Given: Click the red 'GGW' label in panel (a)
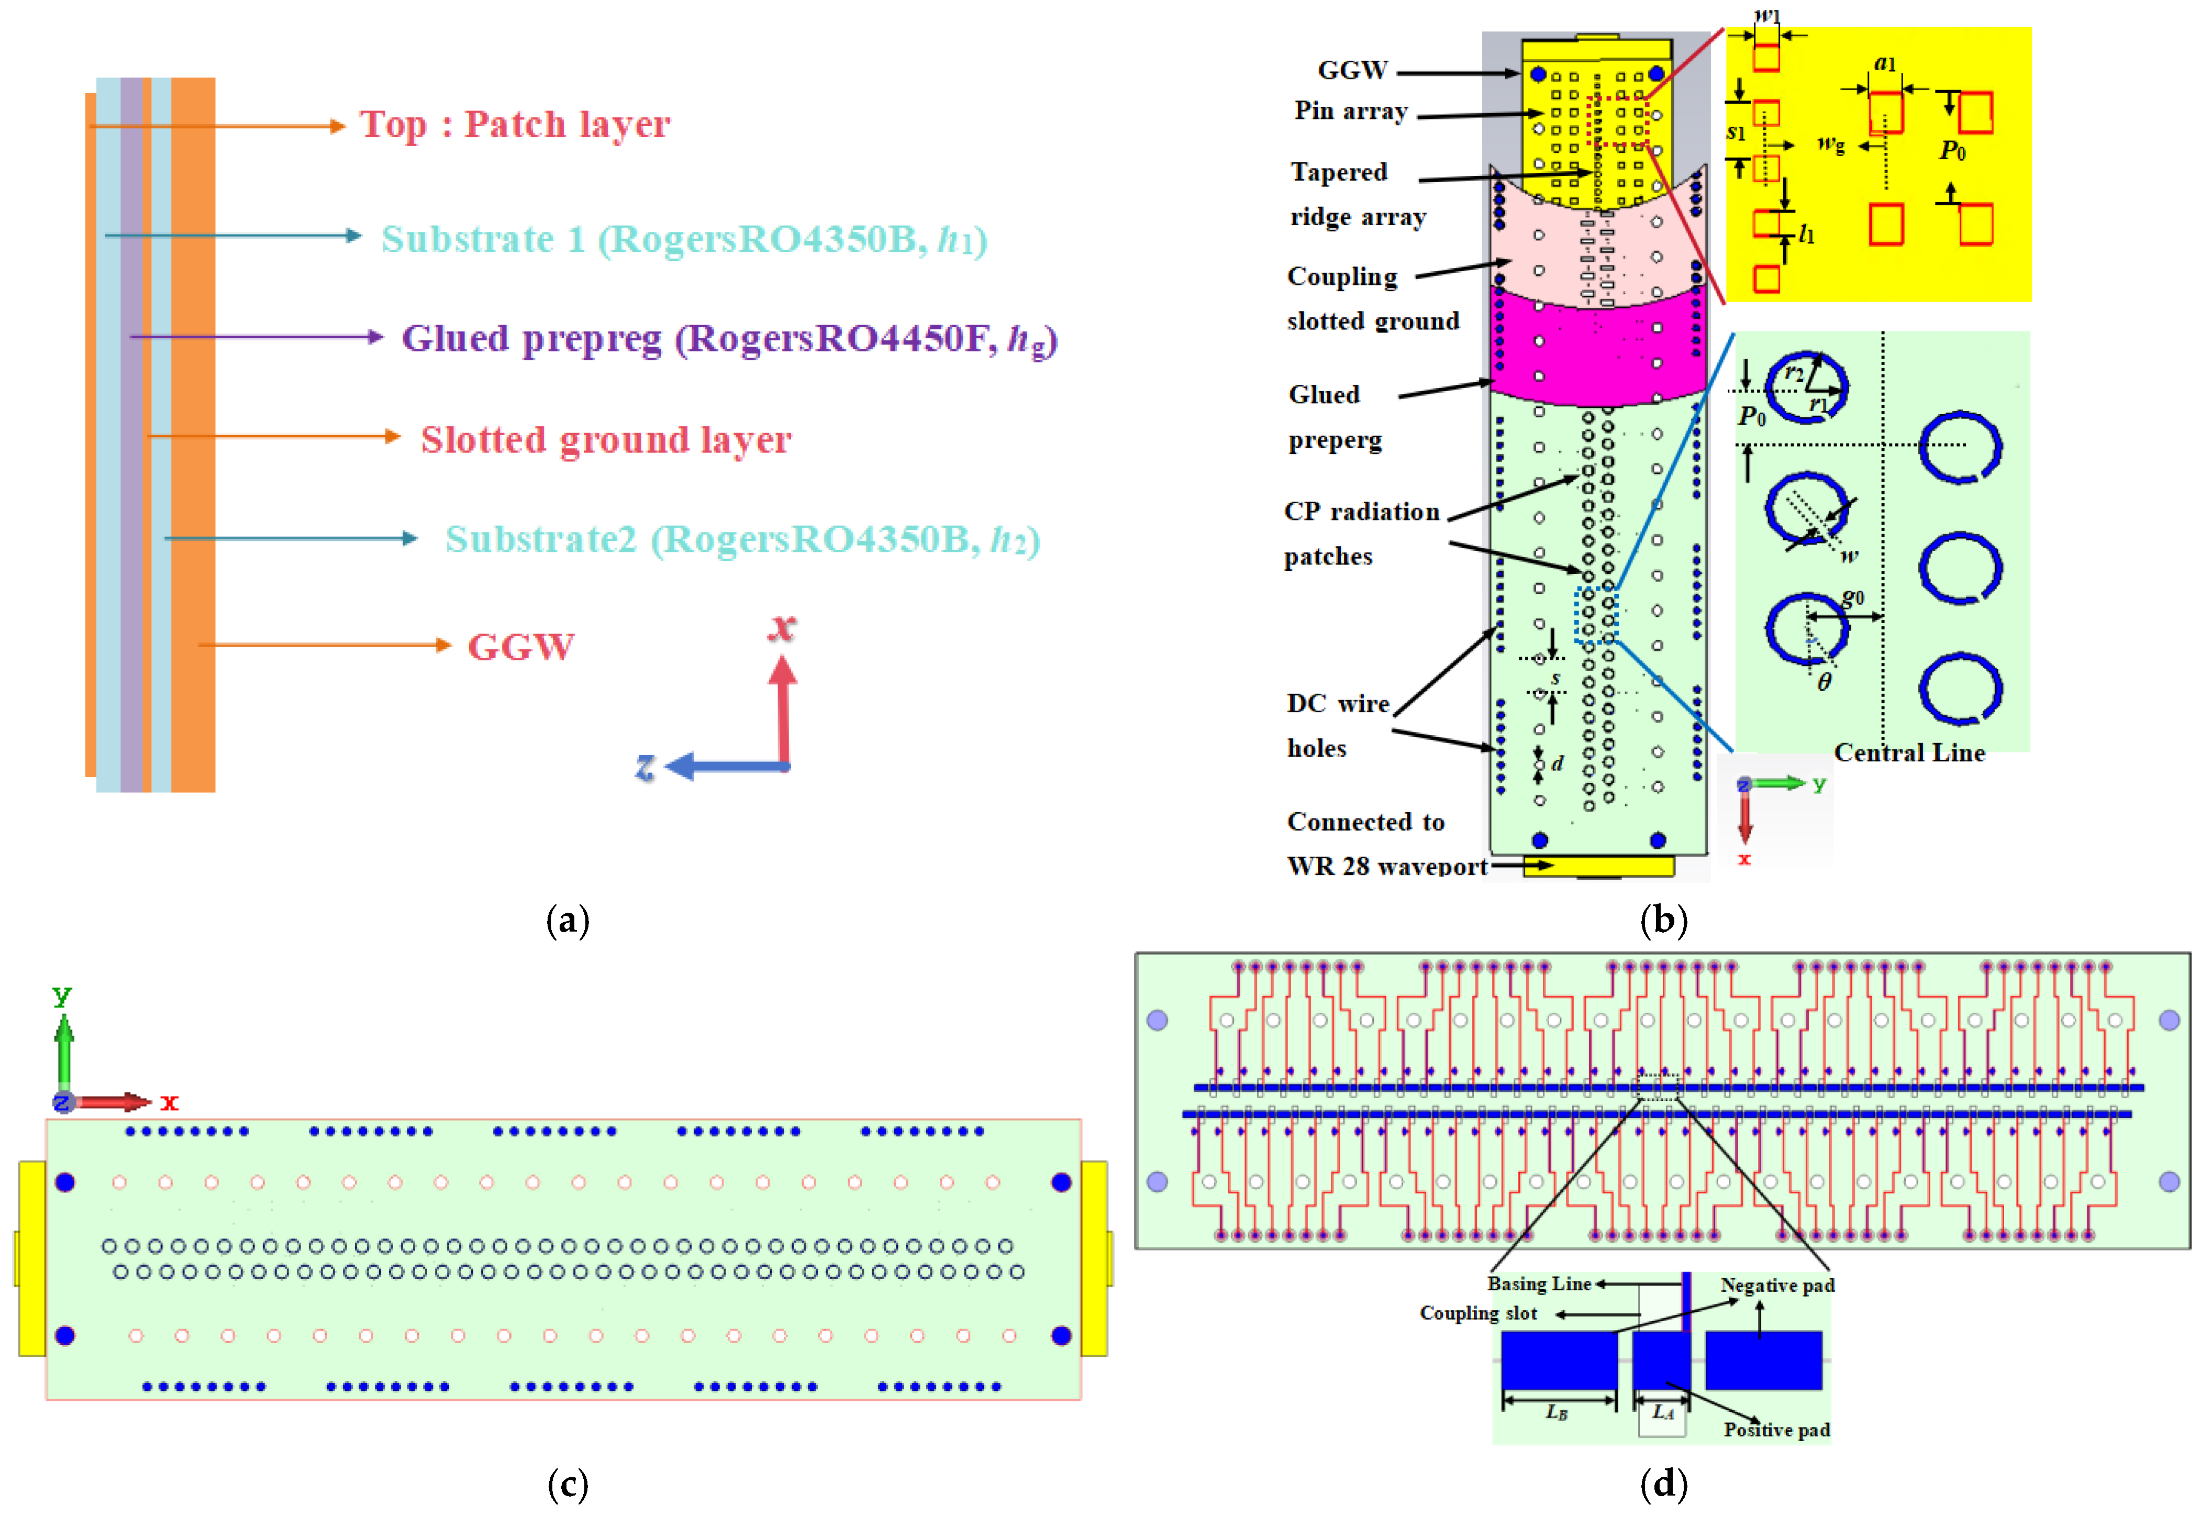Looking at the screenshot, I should coord(520,647).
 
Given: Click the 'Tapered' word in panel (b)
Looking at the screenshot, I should coord(1339,172).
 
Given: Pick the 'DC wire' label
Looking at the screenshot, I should coord(1337,704).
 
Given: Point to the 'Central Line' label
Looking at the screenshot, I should coord(1908,753).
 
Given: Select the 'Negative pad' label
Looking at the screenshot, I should coord(1776,1285).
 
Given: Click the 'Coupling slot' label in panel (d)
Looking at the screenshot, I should coord(1477,1314).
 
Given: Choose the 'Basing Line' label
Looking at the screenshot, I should coord(1538,1284).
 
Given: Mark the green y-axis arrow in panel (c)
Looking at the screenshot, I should coord(64,1049).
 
